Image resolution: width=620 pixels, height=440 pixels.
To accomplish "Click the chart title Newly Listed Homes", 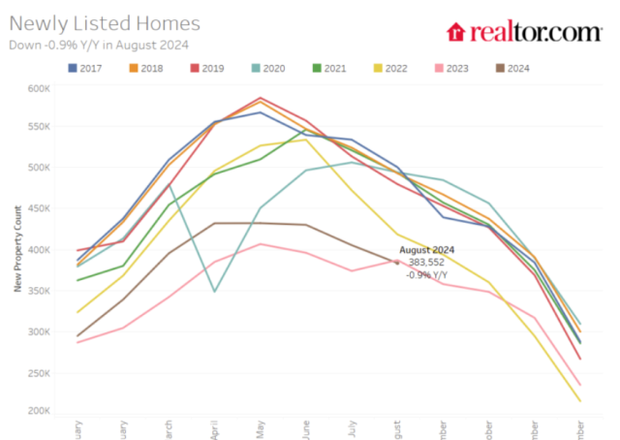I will [x=105, y=23].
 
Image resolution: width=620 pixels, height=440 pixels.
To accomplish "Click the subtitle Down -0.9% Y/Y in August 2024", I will [x=98, y=44].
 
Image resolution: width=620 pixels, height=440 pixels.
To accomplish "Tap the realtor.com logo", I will [x=523, y=32].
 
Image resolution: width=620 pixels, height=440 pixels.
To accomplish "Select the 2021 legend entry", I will [x=329, y=68].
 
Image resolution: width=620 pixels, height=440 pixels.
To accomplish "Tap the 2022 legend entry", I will [x=389, y=68].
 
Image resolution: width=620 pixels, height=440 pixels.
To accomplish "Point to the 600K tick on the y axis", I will [x=38, y=88].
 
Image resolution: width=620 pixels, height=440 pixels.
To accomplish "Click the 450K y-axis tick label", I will [x=38, y=209].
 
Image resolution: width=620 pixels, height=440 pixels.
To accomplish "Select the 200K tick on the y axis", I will [x=38, y=412].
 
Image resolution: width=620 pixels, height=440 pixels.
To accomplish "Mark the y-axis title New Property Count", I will [x=17, y=250].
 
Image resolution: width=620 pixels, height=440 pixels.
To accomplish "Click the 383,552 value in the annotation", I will [x=427, y=262].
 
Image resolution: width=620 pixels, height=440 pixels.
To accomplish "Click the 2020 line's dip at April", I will [x=214, y=291].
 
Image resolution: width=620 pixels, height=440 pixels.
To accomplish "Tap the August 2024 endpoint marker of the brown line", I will [x=396, y=262].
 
